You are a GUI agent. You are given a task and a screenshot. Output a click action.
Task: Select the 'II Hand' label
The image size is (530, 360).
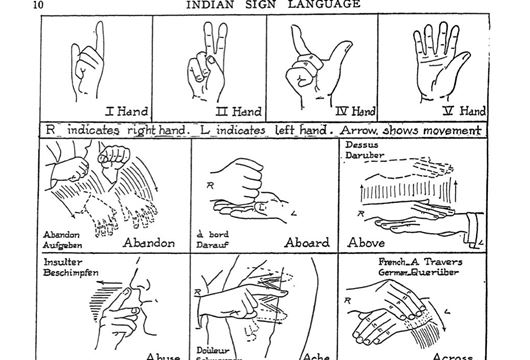238,111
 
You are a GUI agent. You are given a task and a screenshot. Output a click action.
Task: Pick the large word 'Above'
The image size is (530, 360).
368,242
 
